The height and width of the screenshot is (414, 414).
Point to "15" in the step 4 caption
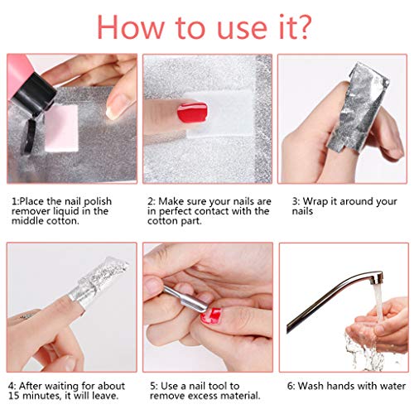coord(17,397)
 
